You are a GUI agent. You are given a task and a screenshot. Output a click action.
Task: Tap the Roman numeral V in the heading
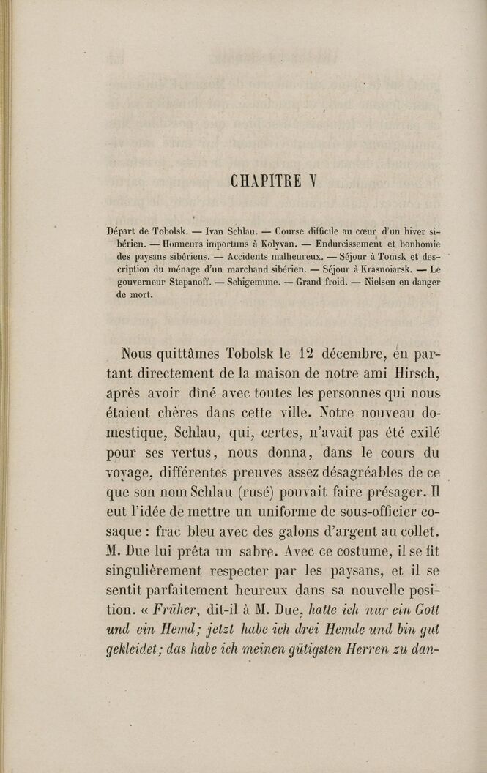(x=311, y=180)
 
